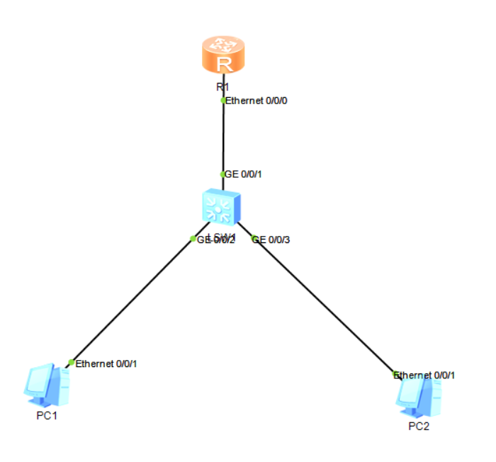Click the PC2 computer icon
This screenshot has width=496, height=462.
coord(418,398)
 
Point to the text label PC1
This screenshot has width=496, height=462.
coord(47,415)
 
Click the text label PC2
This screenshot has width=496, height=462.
coord(418,427)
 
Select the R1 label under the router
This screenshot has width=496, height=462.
coord(222,86)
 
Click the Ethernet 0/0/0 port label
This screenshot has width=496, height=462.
coord(256,101)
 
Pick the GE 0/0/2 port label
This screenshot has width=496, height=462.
coord(216,240)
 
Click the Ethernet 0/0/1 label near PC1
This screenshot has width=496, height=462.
coord(106,364)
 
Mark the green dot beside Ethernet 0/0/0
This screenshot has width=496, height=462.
coord(223,101)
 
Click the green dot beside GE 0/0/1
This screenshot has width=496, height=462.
coord(223,174)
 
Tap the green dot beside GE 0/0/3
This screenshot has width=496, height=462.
coord(254,239)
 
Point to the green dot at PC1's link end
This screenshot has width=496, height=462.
coord(71,363)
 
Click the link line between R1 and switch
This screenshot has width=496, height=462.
coord(223,138)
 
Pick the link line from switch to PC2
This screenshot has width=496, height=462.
coord(322,305)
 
